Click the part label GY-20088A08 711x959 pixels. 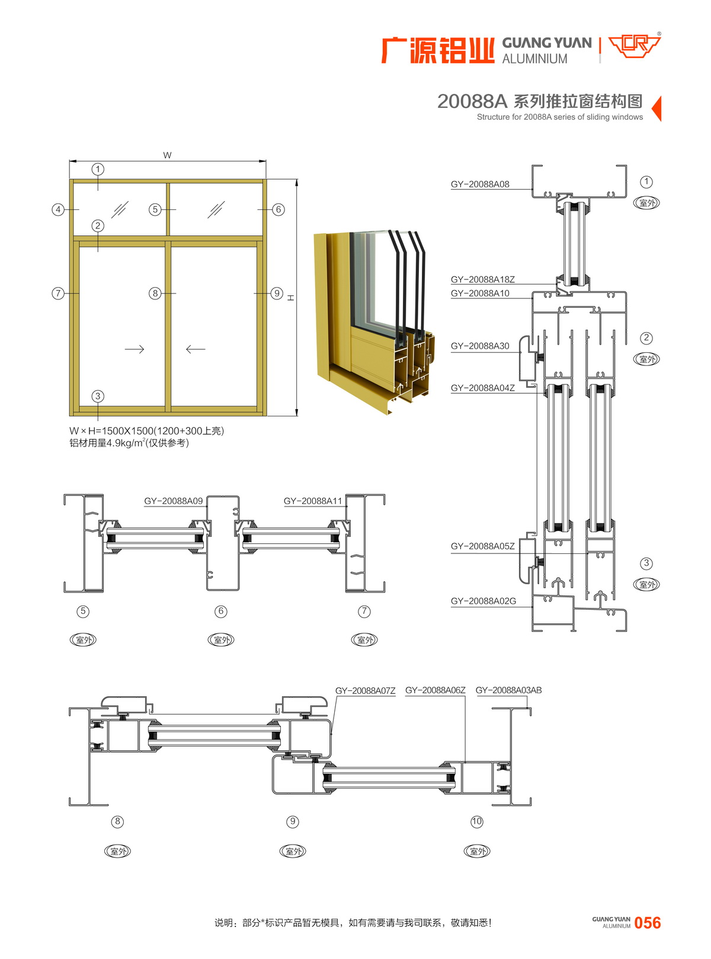point(479,184)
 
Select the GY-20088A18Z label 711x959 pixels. point(482,279)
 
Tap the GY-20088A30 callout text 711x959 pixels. point(479,346)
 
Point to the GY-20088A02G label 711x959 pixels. point(483,601)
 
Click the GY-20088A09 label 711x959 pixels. point(173,501)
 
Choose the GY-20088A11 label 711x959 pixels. point(312,501)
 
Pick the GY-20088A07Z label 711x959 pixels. point(365,690)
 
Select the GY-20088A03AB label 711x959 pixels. point(508,690)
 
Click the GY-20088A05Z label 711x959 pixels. point(482,546)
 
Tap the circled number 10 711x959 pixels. point(476,821)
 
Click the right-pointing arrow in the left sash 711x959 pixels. point(134,349)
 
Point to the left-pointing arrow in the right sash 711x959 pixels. point(196,349)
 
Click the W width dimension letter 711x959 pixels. point(167,155)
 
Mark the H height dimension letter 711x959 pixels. point(291,298)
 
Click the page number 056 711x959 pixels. point(648,922)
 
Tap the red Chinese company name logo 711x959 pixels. point(438,50)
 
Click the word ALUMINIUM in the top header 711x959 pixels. point(534,59)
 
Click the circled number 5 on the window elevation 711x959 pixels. point(155,210)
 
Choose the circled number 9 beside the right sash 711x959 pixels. point(277,293)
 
